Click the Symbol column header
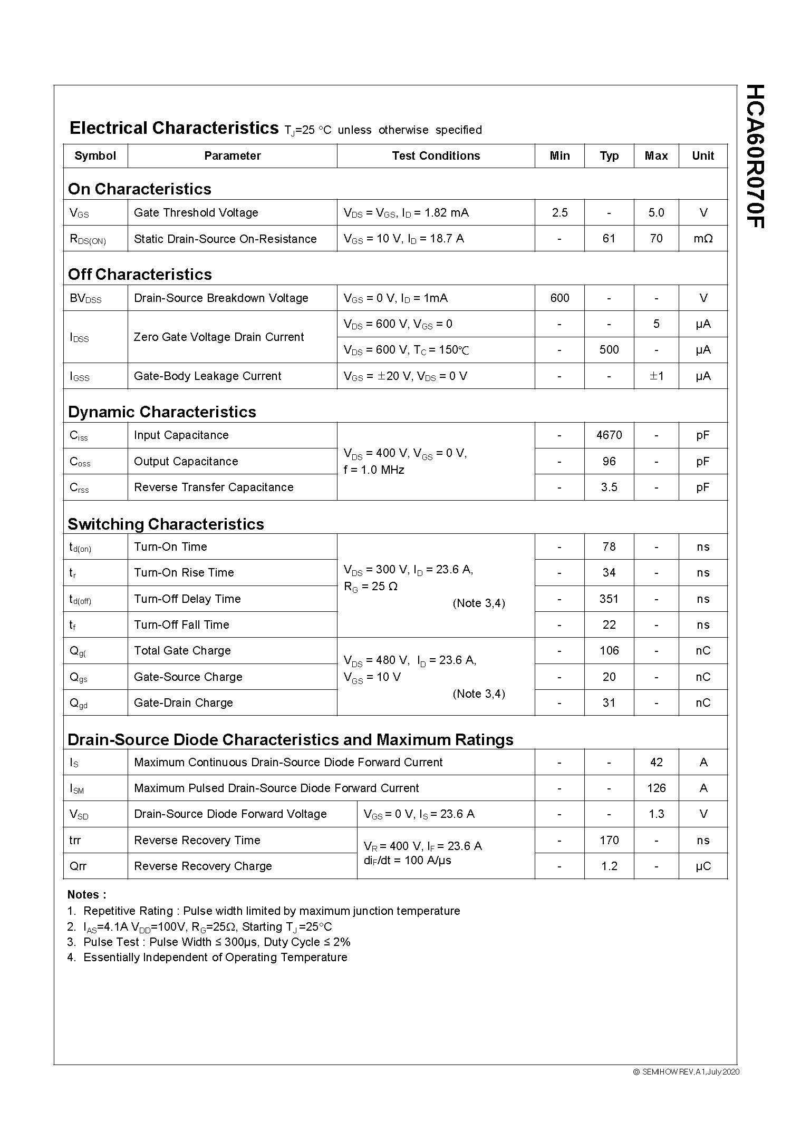tap(95, 156)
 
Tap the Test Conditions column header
tap(436, 156)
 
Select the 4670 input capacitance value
tap(609, 435)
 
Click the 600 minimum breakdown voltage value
tap(560, 298)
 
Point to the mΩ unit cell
tap(703, 239)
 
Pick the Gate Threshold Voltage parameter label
tap(196, 213)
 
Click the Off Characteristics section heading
tap(140, 275)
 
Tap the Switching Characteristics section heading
tap(166, 524)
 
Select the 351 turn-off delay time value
tap(609, 599)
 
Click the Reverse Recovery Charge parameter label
tap(203, 866)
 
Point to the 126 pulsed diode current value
tap(656, 788)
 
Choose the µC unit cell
tap(703, 866)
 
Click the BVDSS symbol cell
tap(85, 299)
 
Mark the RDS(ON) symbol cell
tap(88, 240)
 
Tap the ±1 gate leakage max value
tap(656, 376)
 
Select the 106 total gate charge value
tap(609, 651)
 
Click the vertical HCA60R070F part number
tap(755, 157)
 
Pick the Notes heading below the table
tap(86, 895)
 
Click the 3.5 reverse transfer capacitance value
tap(609, 487)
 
